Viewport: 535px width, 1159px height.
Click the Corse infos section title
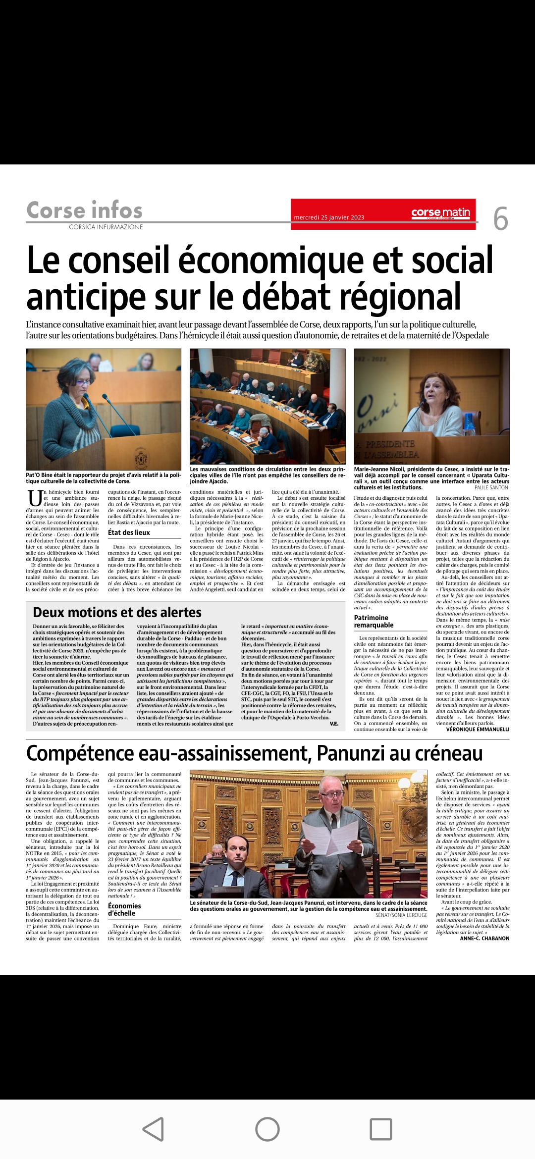[x=84, y=211]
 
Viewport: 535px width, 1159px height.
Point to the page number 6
[x=500, y=219]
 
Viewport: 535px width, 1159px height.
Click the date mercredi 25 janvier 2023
[x=329, y=217]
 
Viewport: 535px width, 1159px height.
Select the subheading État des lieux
[x=129, y=532]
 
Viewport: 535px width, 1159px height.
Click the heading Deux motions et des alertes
[x=117, y=613]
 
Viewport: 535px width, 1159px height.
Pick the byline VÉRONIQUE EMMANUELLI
[x=478, y=729]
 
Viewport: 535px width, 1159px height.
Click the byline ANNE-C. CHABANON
[x=484, y=938]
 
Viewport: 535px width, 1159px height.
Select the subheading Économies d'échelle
[x=124, y=909]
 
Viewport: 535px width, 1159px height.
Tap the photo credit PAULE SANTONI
[x=491, y=487]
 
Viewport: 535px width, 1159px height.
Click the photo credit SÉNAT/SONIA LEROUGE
[x=401, y=915]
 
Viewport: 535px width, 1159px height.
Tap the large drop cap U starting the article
[x=35, y=498]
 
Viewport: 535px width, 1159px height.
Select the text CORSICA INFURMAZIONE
[x=106, y=227]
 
